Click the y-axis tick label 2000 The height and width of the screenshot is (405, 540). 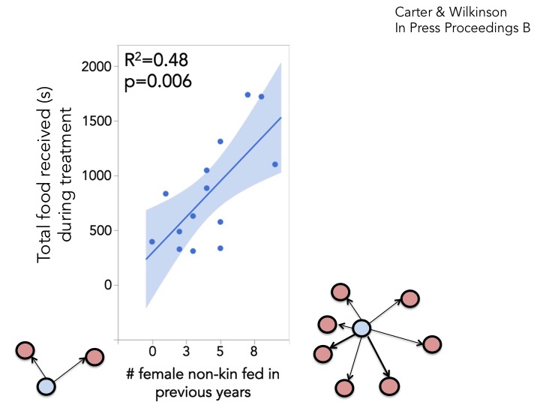click(95, 67)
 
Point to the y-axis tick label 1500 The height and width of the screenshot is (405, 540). click(95, 121)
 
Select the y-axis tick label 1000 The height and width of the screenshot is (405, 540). click(95, 176)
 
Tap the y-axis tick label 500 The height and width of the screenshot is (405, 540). click(100, 230)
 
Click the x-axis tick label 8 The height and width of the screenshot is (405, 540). click(254, 349)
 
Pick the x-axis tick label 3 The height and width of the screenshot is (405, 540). click(185, 349)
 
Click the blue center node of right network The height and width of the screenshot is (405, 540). click(361, 328)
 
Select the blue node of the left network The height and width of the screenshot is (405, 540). click(46, 386)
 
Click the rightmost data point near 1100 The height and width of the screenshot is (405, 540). click(275, 164)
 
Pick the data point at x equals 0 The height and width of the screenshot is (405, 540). click(152, 241)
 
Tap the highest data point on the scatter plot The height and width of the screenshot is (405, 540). click(247, 94)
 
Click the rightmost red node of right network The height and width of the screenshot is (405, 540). click(433, 344)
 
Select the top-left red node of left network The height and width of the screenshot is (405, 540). click(25, 349)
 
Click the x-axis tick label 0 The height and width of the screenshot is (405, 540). click(152, 349)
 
